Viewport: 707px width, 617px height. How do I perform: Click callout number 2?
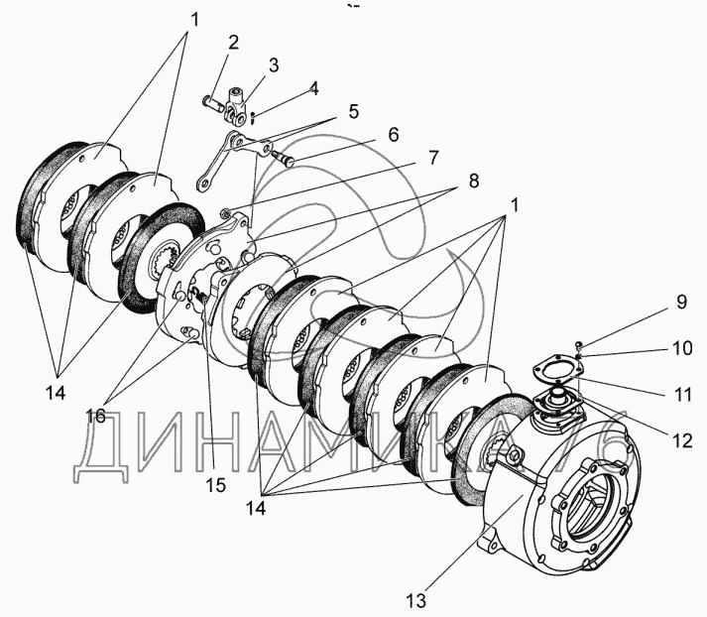233,43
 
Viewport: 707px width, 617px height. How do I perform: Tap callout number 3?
274,64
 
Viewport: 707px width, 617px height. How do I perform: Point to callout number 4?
313,88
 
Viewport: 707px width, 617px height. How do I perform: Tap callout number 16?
95,416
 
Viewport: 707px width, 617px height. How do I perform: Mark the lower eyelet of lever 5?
202,183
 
